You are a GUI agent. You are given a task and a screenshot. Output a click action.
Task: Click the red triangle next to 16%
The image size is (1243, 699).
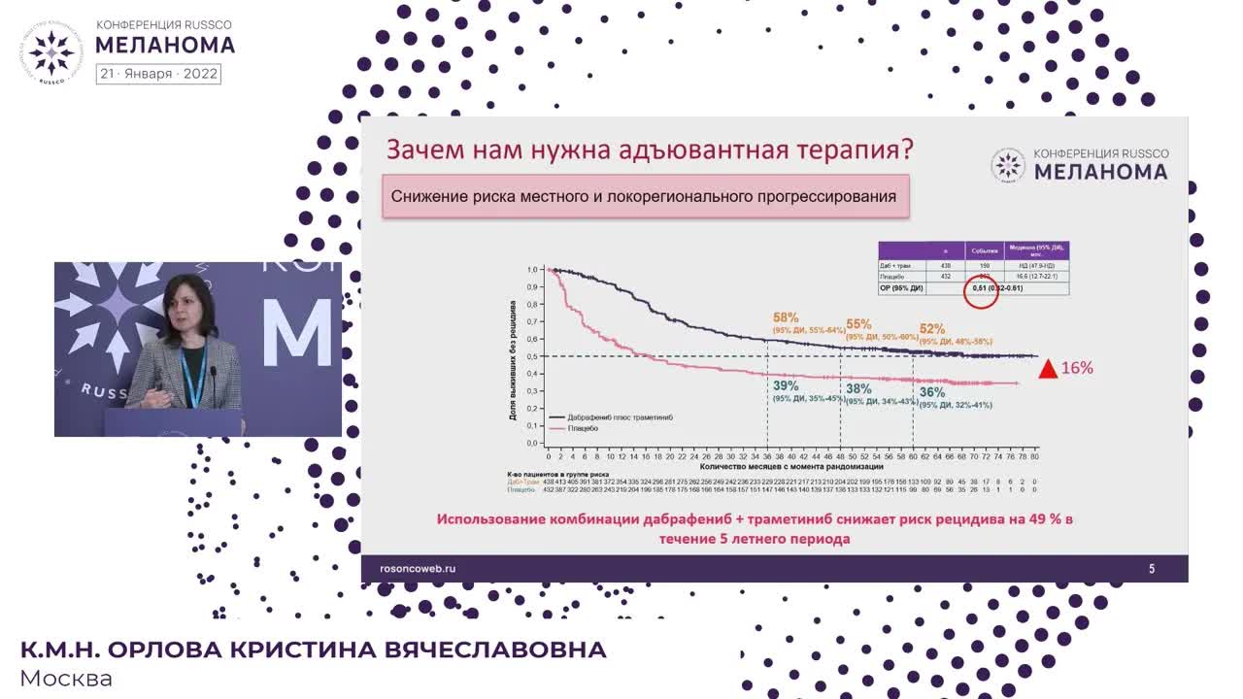1048,369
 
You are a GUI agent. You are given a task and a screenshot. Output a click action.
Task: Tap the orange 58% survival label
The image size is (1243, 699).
786,317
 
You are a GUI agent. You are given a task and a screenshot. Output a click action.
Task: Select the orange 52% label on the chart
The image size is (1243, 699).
931,329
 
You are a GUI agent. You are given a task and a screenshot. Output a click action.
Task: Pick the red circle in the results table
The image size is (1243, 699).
980,289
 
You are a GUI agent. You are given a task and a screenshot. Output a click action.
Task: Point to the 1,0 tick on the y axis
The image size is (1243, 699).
532,270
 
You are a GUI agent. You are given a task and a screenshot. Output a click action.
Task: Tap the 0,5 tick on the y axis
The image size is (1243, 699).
532,356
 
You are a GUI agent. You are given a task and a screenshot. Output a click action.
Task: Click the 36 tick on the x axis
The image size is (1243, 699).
767,455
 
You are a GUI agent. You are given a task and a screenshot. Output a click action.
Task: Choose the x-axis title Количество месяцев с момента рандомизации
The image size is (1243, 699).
792,466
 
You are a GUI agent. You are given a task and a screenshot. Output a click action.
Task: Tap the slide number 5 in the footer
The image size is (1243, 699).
1152,569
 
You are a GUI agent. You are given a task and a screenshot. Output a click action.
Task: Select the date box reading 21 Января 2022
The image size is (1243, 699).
158,74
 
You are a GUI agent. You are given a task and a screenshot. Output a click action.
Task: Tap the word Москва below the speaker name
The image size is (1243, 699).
66,679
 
